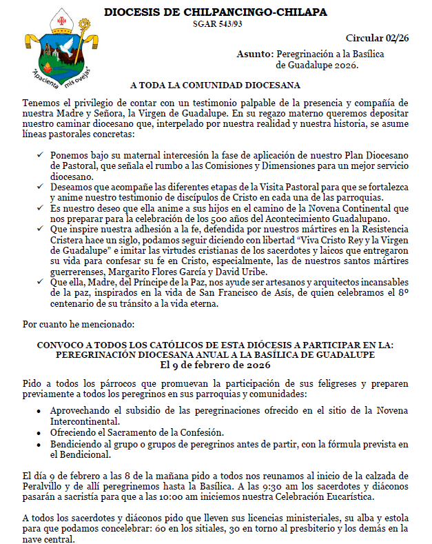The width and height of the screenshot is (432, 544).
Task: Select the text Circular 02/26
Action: pos(376,38)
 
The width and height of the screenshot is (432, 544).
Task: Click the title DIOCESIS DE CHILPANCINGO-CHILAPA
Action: pos(216,12)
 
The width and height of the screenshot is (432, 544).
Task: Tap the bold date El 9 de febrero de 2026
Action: pos(216,364)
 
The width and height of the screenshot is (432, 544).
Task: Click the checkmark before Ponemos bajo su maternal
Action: pos(41,156)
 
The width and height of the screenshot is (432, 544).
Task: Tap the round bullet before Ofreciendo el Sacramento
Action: pos(41,432)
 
